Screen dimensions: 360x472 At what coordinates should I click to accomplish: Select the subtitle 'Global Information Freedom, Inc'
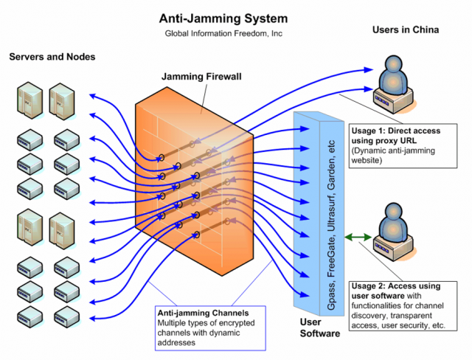pos(226,34)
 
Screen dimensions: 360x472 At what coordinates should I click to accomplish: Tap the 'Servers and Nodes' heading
pos(52,57)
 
